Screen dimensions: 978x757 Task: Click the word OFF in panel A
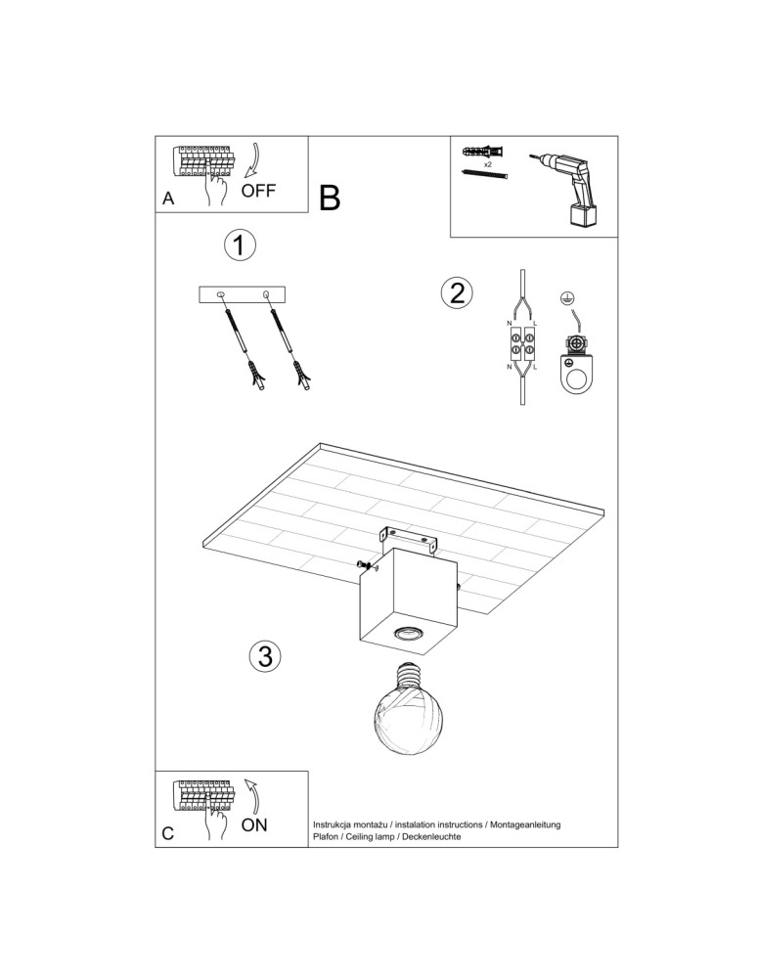[258, 190]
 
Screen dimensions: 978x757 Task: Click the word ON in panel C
[254, 824]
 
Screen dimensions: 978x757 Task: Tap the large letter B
[330, 198]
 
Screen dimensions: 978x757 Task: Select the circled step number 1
[240, 245]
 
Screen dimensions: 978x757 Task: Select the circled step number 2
[457, 292]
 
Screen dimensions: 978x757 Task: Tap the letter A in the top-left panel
[168, 199]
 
